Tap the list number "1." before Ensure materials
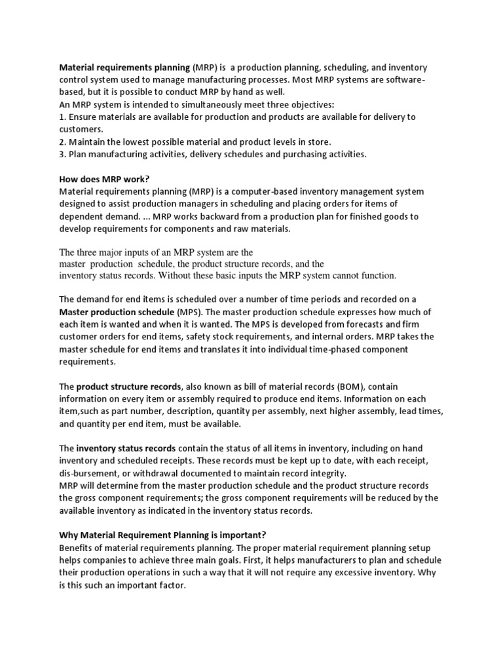tap(63, 117)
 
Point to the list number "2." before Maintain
tap(63, 142)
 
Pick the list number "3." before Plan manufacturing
tap(63, 155)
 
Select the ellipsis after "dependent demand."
tap(149, 216)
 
